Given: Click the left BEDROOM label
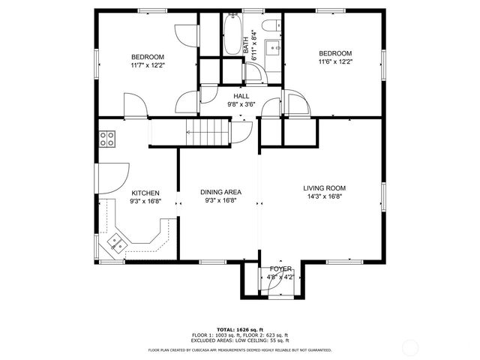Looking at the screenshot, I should click(147, 57).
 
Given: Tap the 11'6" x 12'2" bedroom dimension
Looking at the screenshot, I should click(335, 61).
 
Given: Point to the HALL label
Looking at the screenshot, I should click(241, 96).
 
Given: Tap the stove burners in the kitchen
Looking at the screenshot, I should click(107, 138).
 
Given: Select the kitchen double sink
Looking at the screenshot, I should click(117, 241).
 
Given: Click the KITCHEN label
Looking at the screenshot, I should click(145, 193).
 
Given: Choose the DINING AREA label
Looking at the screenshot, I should click(220, 193).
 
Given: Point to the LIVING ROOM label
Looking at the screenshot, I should click(325, 188).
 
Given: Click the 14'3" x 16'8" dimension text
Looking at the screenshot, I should click(325, 196).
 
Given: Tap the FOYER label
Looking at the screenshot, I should click(280, 268).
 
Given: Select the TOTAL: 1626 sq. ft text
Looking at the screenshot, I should click(240, 329).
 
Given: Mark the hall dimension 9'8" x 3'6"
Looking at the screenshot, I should click(241, 105).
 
